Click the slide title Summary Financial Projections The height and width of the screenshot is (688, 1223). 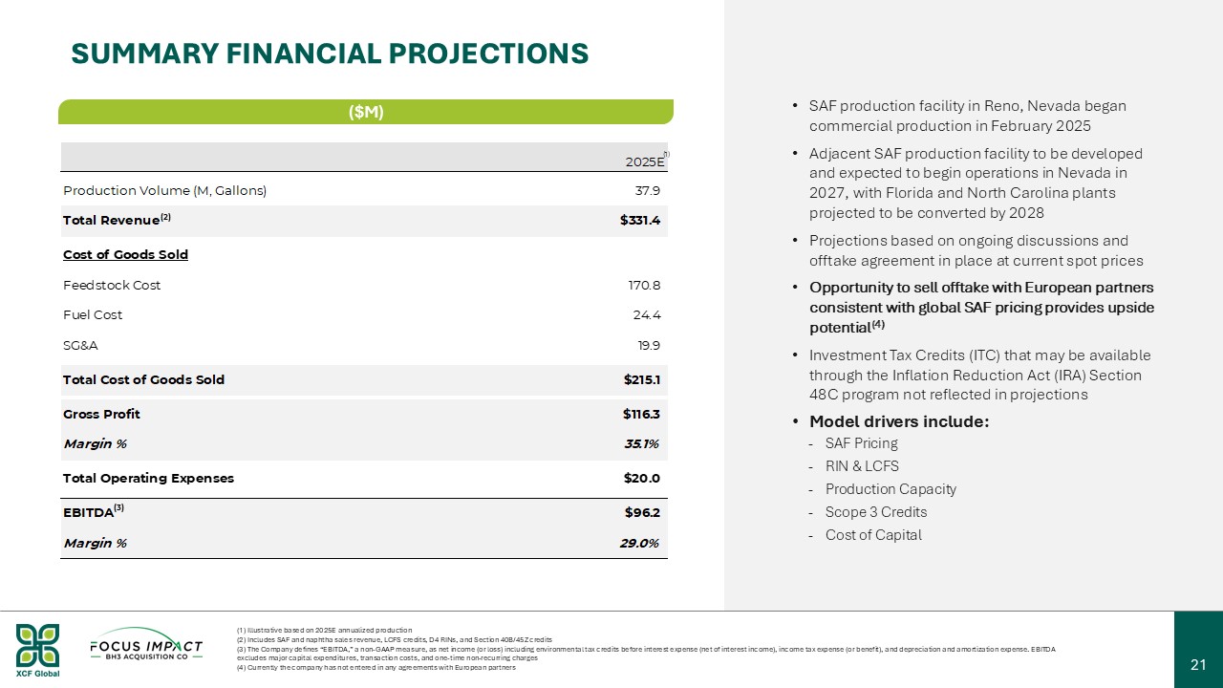(x=330, y=54)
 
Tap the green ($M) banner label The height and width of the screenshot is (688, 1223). (x=366, y=112)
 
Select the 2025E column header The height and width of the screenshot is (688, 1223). (x=645, y=161)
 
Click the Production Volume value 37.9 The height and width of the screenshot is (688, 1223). (x=648, y=190)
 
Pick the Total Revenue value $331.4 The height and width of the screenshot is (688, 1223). (x=639, y=221)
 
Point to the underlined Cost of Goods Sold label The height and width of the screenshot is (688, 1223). (x=125, y=254)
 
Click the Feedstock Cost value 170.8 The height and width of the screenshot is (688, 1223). (x=643, y=285)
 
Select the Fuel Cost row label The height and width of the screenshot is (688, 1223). (x=93, y=314)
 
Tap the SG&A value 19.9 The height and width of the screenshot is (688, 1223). (x=647, y=345)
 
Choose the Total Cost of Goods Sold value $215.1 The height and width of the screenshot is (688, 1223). (x=641, y=379)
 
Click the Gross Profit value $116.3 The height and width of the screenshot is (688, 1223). (x=641, y=414)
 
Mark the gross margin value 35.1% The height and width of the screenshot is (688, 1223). (x=640, y=443)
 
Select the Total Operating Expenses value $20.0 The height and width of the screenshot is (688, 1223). (x=641, y=478)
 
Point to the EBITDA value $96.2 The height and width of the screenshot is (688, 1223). (x=642, y=512)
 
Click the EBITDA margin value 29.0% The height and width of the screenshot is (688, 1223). (x=638, y=543)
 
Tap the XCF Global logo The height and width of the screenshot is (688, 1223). (x=37, y=650)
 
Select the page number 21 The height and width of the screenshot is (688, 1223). (x=1198, y=664)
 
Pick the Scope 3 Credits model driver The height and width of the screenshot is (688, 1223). (x=875, y=511)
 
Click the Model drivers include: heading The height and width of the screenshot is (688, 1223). (x=898, y=421)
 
